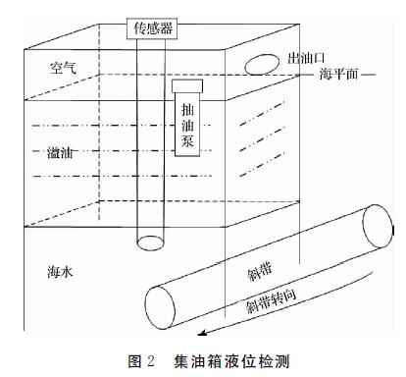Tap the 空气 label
point(64,67)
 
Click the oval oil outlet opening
point(260,66)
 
